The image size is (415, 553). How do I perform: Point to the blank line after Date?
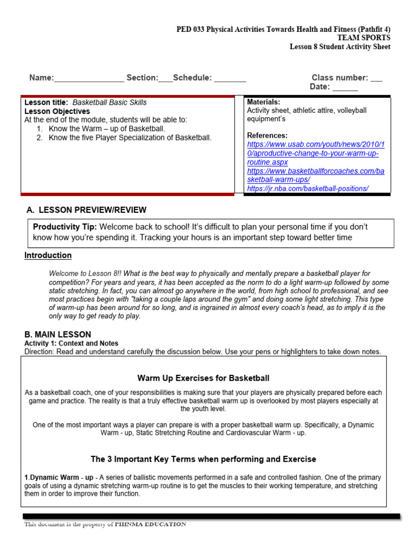click(345, 87)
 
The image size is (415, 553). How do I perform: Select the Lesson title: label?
click(46, 102)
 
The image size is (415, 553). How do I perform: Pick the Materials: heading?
click(263, 102)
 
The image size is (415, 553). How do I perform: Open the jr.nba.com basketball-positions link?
click(308, 188)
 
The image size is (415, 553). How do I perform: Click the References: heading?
click(267, 136)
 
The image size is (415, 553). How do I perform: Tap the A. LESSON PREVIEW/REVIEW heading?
click(86, 210)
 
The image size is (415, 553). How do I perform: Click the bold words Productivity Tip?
click(65, 227)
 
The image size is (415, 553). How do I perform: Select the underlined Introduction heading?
click(48, 255)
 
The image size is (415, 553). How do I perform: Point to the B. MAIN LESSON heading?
click(58, 334)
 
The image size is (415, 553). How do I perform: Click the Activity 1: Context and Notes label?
click(71, 343)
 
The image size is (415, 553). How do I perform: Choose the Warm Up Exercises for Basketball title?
click(203, 378)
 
